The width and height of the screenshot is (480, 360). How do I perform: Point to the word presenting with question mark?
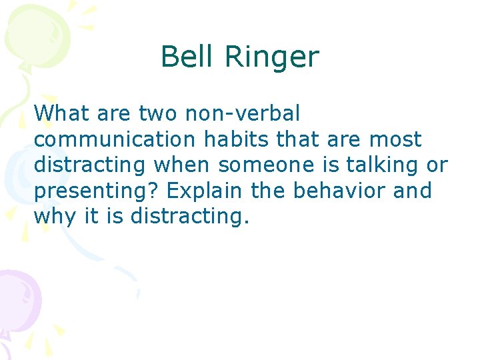click(x=97, y=191)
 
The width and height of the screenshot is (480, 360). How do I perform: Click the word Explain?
click(x=205, y=191)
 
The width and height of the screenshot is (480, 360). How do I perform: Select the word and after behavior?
click(x=413, y=191)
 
